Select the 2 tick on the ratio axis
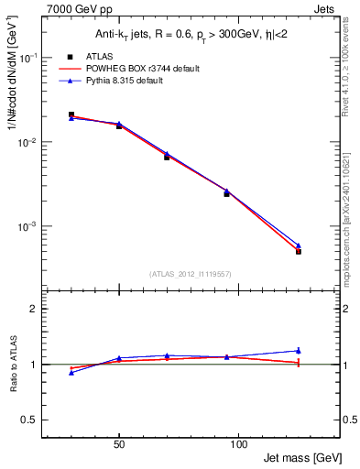coord(35,310)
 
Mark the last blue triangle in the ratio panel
coord(299,350)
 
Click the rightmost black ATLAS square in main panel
coord(299,251)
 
